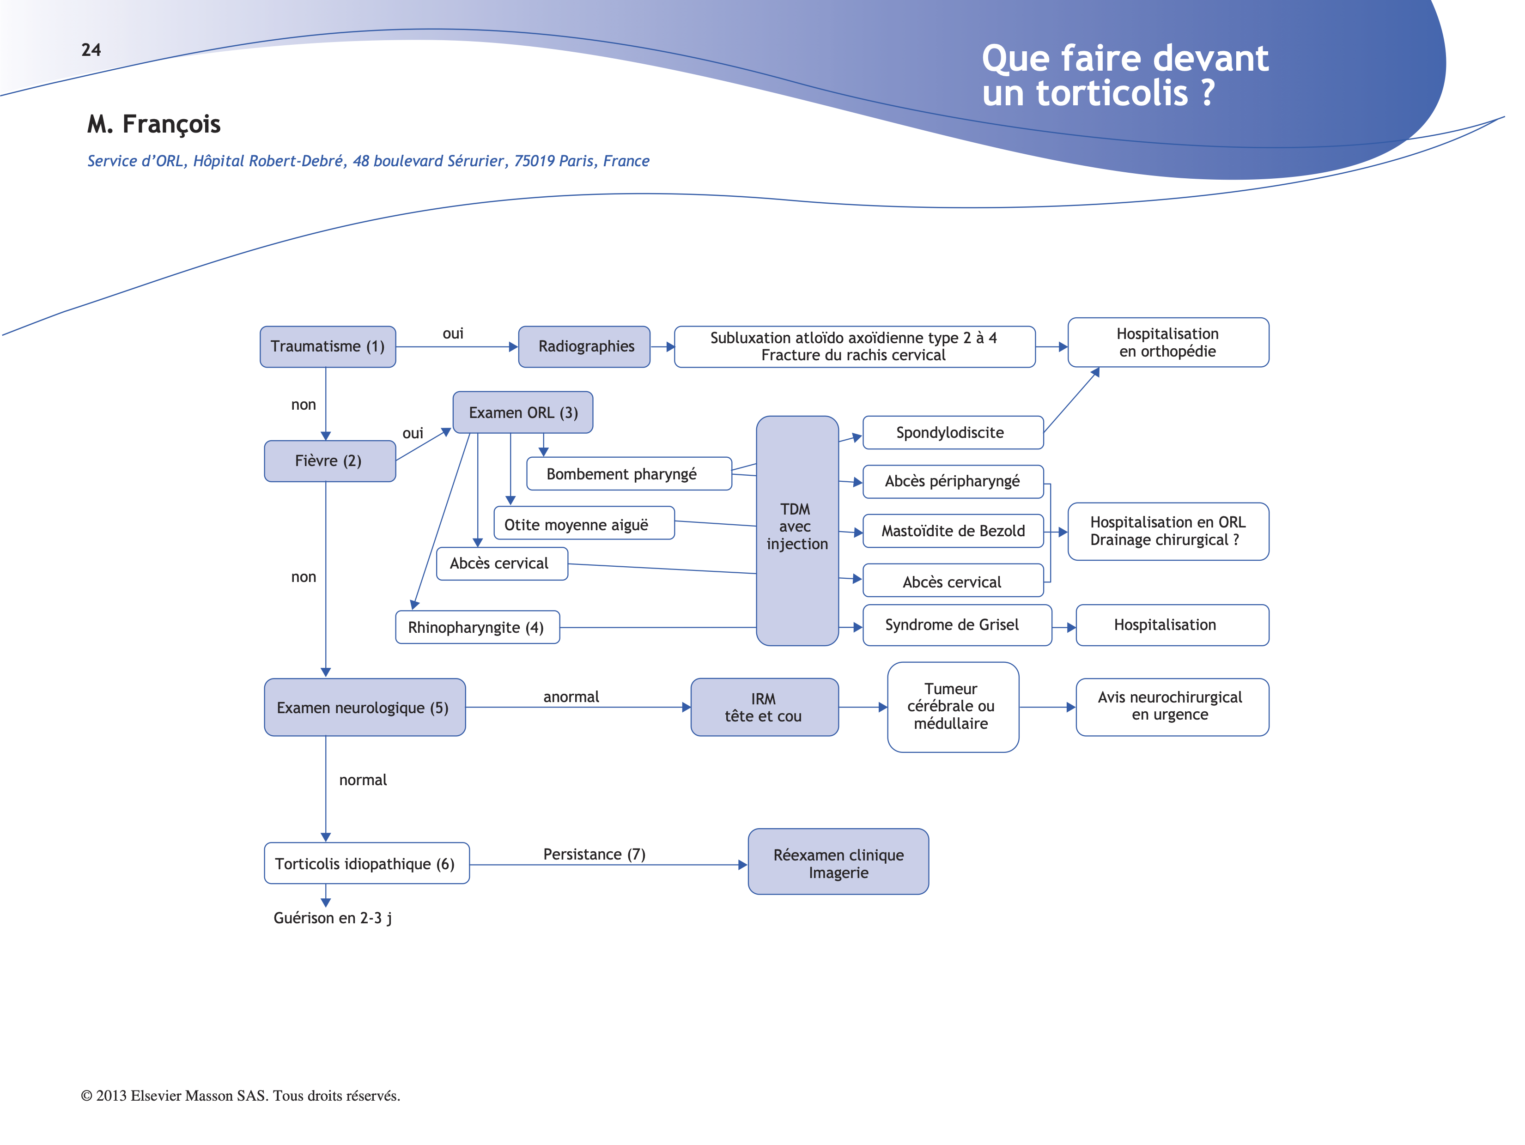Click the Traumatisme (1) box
328,347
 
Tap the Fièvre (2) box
329,461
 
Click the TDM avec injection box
797,530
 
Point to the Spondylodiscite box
952,433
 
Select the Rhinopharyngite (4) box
477,627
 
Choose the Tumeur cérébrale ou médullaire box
952,707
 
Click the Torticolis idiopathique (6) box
366,864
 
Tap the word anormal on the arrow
571,697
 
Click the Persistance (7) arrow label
594,854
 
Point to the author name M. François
154,125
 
